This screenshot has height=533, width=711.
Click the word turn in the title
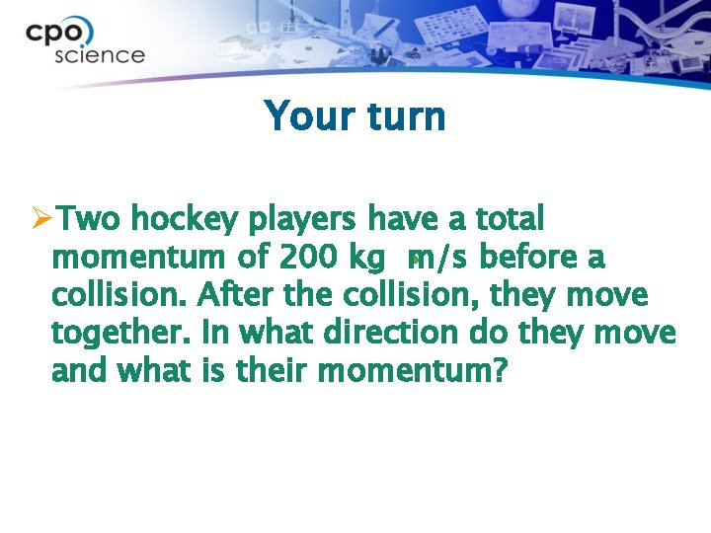coord(405,116)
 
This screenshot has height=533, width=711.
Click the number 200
coord(308,257)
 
